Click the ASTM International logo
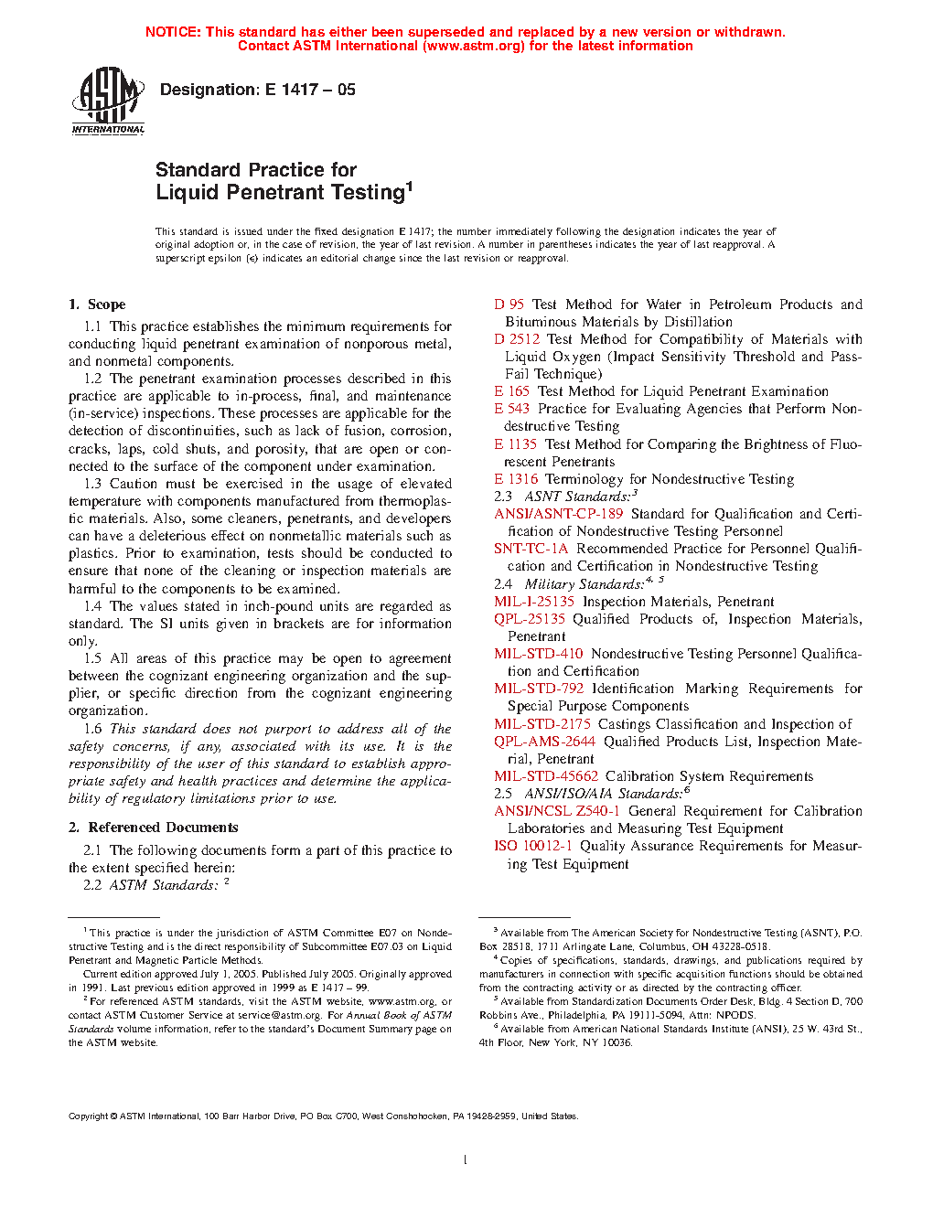pyautogui.click(x=108, y=101)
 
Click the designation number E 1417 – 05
pyautogui.click(x=310, y=90)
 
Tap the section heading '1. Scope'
pyautogui.click(x=97, y=304)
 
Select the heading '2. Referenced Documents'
pyautogui.click(x=153, y=828)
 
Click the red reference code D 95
pyautogui.click(x=509, y=304)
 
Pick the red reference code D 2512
pyautogui.click(x=517, y=339)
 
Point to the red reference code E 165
pyautogui.click(x=512, y=391)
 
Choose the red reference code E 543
pyautogui.click(x=512, y=409)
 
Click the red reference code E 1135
pyautogui.click(x=516, y=444)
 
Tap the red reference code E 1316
pyautogui.click(x=516, y=479)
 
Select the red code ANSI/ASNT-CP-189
pyautogui.click(x=559, y=514)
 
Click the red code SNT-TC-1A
pyautogui.click(x=531, y=549)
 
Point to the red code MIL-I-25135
pyautogui.click(x=534, y=602)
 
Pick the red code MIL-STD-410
pyautogui.click(x=539, y=654)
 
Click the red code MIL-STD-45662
pyautogui.click(x=546, y=776)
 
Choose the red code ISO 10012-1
pyautogui.click(x=533, y=846)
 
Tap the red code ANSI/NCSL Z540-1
pyautogui.click(x=557, y=811)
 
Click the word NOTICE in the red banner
pyautogui.click(x=173, y=32)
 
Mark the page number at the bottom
pyautogui.click(x=466, y=1159)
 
